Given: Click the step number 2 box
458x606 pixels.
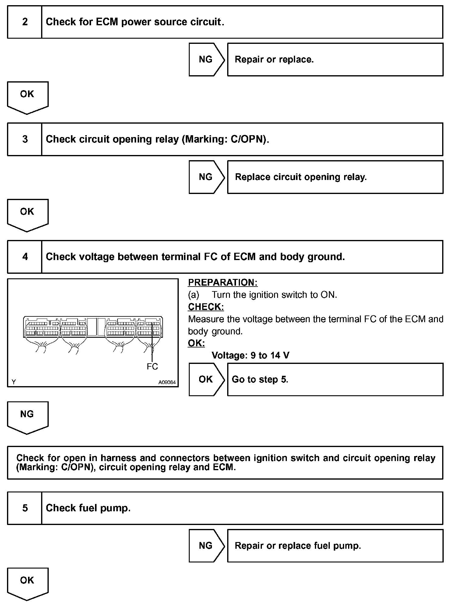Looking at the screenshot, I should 25,22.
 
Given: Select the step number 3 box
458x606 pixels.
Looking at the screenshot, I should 25,139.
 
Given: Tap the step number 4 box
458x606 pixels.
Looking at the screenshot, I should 25,257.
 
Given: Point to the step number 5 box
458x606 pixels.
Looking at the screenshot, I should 25,508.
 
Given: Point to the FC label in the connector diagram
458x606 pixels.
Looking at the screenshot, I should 152,366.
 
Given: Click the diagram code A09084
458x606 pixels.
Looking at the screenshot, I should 167,382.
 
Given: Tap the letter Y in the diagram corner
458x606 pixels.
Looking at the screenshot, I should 14,382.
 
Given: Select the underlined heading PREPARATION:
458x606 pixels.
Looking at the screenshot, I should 223,283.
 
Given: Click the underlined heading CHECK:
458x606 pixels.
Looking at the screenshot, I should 206,307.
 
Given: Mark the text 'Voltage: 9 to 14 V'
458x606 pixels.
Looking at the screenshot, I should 250,355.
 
